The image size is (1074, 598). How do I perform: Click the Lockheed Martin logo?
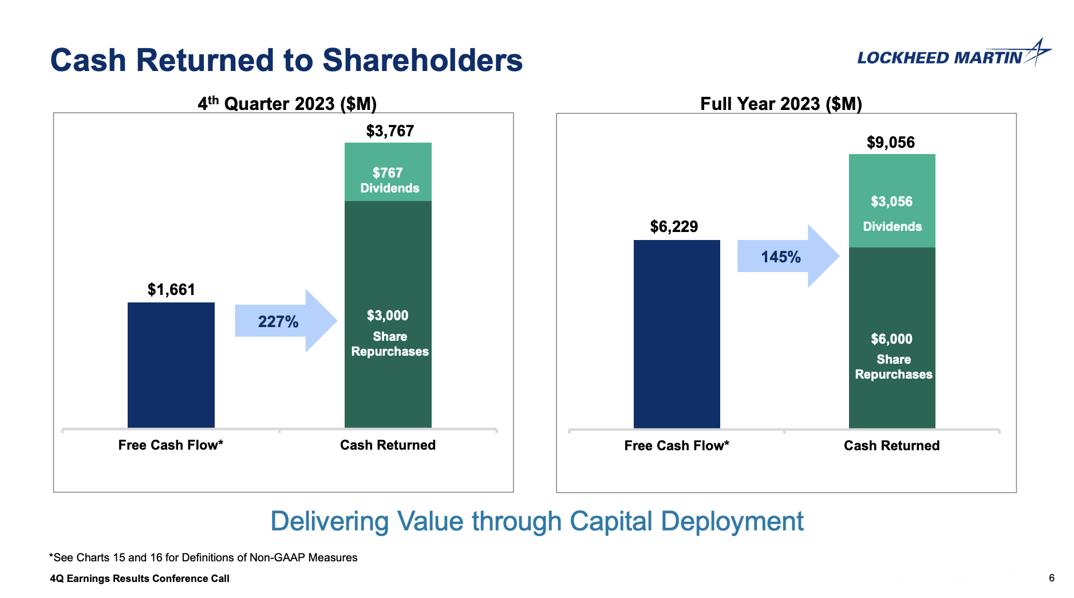coord(953,55)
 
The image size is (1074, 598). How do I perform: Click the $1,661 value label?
coord(171,290)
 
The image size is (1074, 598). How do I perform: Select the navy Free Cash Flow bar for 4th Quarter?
coord(171,365)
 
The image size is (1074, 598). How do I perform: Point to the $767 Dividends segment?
coord(388,172)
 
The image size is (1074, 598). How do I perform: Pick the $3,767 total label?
coord(390,131)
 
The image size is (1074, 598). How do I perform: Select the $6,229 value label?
coord(674,227)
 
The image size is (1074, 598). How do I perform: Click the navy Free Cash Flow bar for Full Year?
coord(677,333)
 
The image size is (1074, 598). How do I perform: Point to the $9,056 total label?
coord(891,143)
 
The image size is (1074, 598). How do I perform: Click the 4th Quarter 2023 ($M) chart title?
coord(287,104)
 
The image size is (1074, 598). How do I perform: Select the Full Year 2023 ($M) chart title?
coord(781,104)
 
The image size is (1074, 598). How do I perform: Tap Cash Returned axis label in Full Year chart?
coord(891,446)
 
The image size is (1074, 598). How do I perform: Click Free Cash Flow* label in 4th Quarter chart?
coord(171,445)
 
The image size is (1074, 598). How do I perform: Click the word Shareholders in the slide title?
coord(423,60)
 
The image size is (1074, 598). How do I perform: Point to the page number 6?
coord(1051,578)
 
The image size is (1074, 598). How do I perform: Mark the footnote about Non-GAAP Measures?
coord(203,557)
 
